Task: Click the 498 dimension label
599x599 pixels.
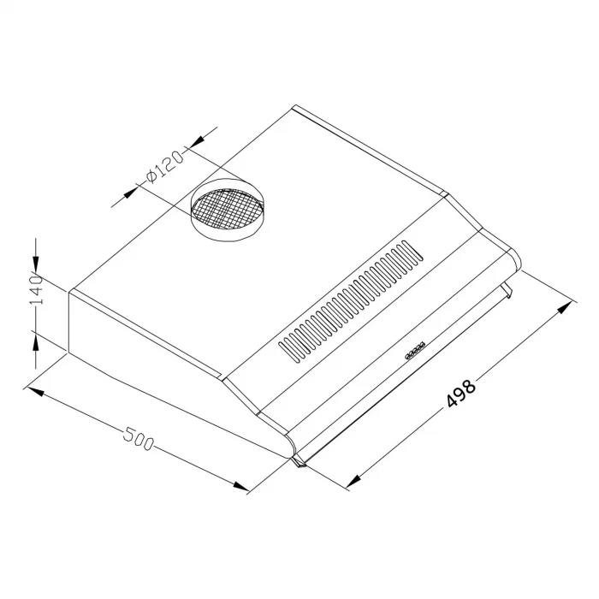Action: pyautogui.click(x=461, y=393)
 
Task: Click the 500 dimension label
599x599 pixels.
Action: pyautogui.click(x=139, y=439)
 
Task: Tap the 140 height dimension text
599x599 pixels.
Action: pyautogui.click(x=37, y=290)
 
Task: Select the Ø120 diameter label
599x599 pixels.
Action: pyautogui.click(x=164, y=167)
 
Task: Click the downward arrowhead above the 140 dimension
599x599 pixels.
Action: pyautogui.click(x=36, y=264)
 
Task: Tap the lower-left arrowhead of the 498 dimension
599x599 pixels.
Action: pyautogui.click(x=353, y=481)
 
